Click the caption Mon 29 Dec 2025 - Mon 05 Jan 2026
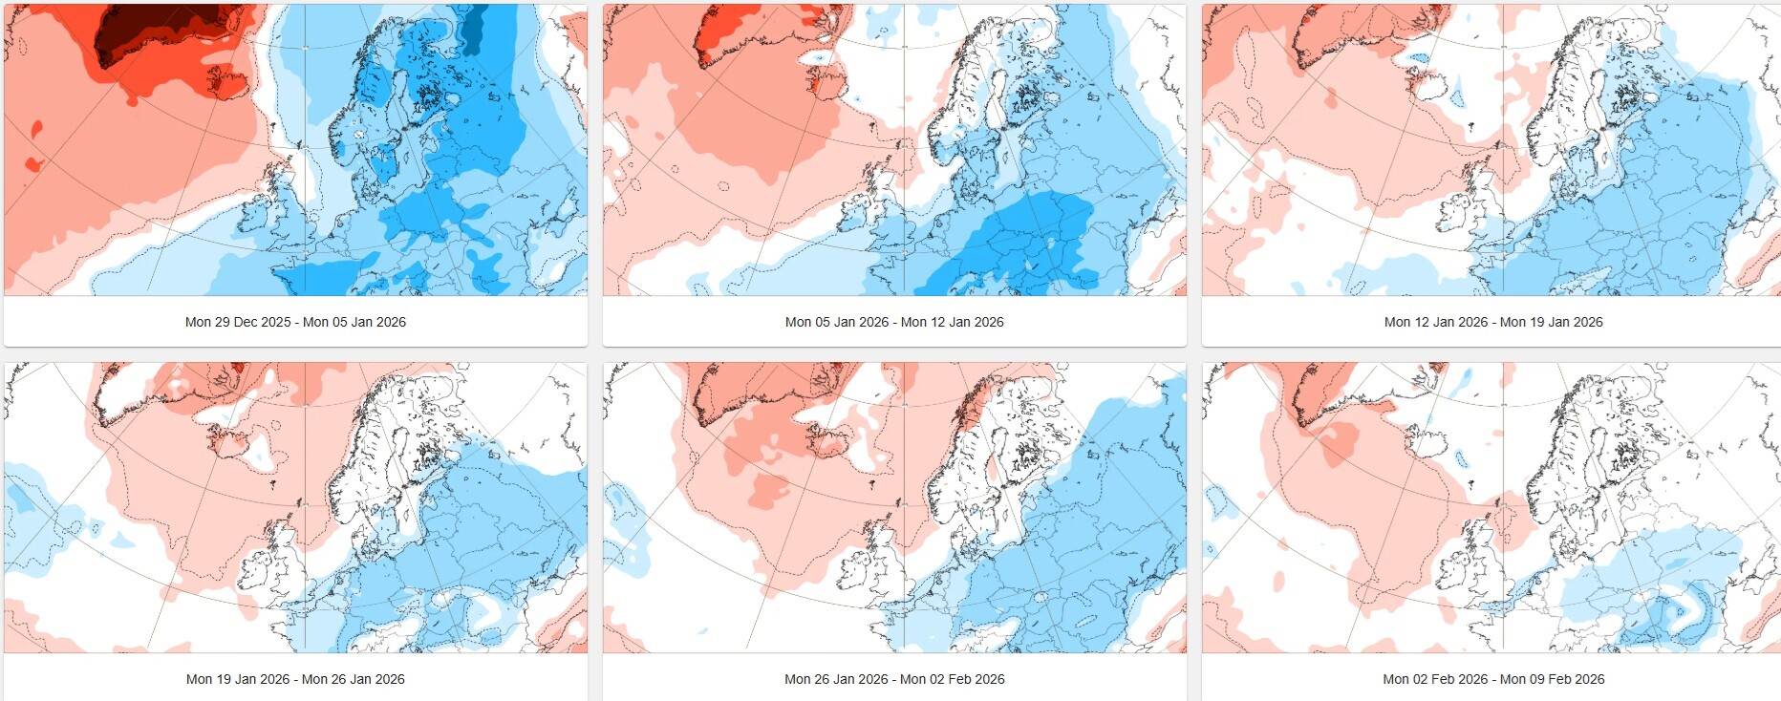click(295, 322)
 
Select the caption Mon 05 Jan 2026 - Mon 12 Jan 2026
click(894, 322)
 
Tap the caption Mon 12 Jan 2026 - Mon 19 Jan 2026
click(1493, 322)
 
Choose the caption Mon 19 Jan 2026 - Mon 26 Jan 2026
click(295, 679)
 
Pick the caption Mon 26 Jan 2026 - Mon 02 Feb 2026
click(894, 679)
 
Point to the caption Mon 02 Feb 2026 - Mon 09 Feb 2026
click(1493, 679)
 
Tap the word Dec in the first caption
click(246, 322)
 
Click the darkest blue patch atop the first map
click(473, 24)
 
